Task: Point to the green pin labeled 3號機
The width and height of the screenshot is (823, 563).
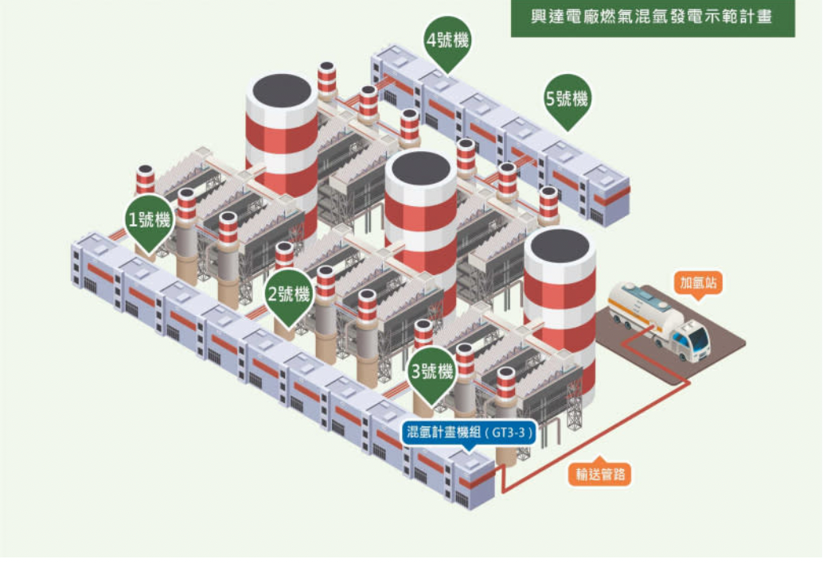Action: click(x=432, y=371)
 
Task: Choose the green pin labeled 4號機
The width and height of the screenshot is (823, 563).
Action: click(x=448, y=40)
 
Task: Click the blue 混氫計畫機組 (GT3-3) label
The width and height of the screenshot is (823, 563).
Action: click(x=466, y=433)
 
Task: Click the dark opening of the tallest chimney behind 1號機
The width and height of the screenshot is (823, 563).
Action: click(x=281, y=90)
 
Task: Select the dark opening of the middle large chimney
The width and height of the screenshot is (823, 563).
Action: click(x=420, y=169)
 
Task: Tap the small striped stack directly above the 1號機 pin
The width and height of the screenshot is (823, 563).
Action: click(x=145, y=179)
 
